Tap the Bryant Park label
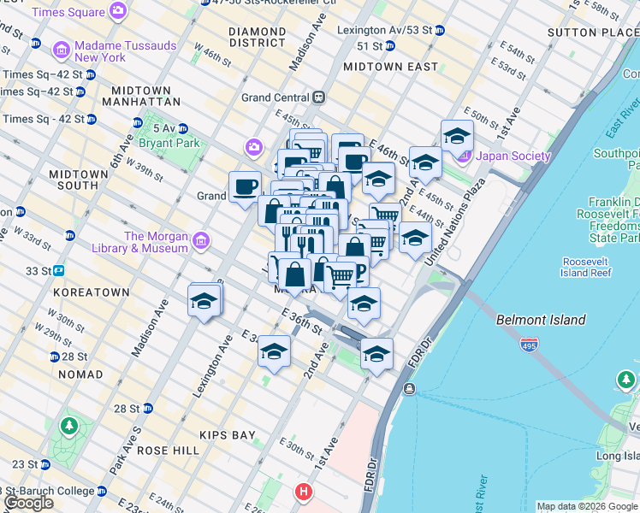171,143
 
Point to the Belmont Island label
541,320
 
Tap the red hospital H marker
302,492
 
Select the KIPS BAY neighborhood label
227,434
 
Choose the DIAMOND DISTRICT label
257,37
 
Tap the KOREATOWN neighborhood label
91,292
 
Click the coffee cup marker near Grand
245,186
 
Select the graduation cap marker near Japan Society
457,135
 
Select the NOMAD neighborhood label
80,374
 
